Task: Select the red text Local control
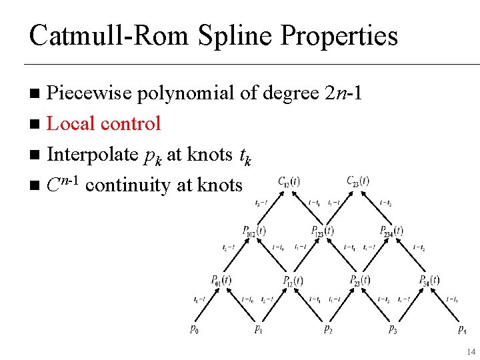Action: coord(104,123)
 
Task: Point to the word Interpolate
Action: coord(93,154)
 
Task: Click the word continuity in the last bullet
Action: coord(130,185)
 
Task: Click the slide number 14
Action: coord(471,351)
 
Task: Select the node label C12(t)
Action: coord(288,181)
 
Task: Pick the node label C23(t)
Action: coord(358,181)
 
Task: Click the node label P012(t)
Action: coord(254,231)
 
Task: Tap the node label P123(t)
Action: coord(323,231)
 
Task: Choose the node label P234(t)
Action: coord(391,231)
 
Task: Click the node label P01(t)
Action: coord(221,280)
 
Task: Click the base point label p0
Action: coord(193,329)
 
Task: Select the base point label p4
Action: coord(462,329)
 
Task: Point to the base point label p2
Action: coord(328,329)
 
